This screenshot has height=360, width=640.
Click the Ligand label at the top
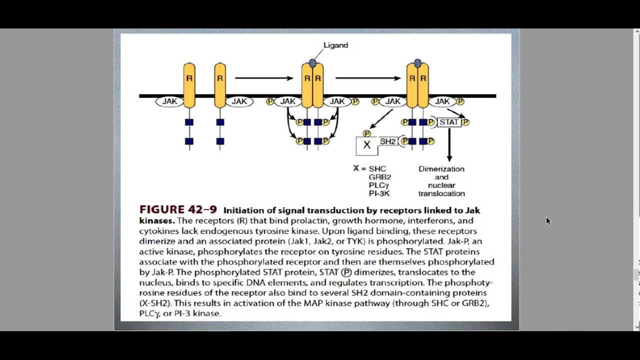pos(335,45)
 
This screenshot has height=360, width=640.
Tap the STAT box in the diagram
pos(448,122)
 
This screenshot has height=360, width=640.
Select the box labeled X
pos(366,145)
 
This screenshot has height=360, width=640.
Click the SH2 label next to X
pos(387,141)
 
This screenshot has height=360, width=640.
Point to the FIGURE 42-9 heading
pos(177,210)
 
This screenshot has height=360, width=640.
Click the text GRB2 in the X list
pos(379,177)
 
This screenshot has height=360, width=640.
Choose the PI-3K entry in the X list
pos(379,193)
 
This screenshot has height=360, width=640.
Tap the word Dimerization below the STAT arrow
pos(441,169)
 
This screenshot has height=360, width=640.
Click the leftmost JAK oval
pos(169,101)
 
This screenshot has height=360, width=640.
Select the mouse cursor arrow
pos(547,220)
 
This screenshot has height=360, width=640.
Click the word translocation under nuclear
pos(441,193)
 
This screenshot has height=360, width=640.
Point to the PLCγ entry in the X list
pos(378,185)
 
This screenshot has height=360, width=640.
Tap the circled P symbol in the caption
pos(346,272)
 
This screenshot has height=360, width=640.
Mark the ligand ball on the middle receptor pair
pos(312,63)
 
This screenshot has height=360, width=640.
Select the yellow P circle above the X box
pos(366,133)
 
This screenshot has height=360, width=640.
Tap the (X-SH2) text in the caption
pos(155,303)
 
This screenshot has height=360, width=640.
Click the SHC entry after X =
pos(377,169)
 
